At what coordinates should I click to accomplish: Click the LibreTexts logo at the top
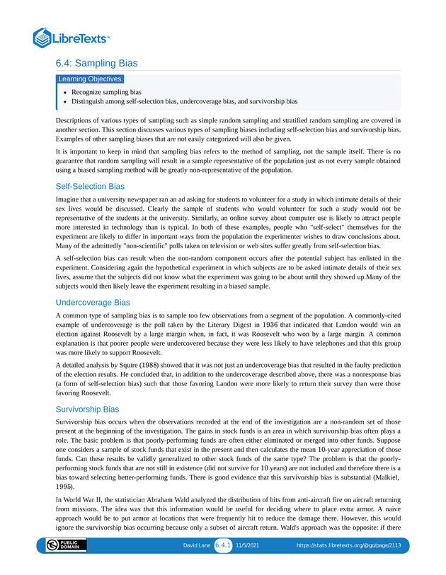pos(72,37)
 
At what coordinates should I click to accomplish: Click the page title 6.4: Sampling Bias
pos(96,64)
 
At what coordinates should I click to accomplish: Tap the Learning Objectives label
pos(89,79)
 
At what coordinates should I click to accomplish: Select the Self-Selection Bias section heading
pos(90,187)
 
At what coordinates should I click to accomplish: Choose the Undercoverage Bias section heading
pos(92,302)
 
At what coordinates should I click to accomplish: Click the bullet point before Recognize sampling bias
pos(64,93)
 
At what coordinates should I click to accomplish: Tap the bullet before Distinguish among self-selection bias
pos(64,102)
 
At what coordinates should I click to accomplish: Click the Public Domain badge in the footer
pos(66,546)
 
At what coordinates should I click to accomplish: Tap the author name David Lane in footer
pos(197,546)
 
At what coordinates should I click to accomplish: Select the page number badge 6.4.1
pos(223,546)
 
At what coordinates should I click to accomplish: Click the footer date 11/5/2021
pos(248,546)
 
